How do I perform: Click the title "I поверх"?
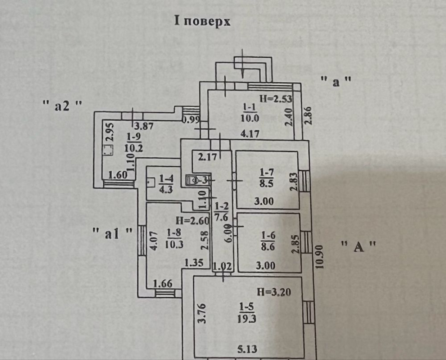pyautogui.click(x=202, y=21)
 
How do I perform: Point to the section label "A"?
pyautogui.click(x=358, y=247)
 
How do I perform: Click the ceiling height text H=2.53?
pyautogui.click(x=276, y=98)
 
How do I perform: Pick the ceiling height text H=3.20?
pyautogui.click(x=274, y=292)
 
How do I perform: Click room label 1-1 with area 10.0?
pyautogui.click(x=250, y=112)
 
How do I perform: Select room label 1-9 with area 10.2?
pyautogui.click(x=134, y=142)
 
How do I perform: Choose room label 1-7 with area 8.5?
pyautogui.click(x=266, y=178)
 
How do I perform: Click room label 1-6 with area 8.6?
pyautogui.click(x=268, y=241)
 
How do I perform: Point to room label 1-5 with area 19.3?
pyautogui.click(x=247, y=312)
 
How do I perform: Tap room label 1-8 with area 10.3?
pyautogui.click(x=174, y=239)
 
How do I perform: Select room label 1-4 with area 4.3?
pyautogui.click(x=166, y=184)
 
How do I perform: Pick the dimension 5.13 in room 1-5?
pyautogui.click(x=247, y=348)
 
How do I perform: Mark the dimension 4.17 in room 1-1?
pyautogui.click(x=249, y=134)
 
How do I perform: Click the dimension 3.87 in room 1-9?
pyautogui.click(x=144, y=126)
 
